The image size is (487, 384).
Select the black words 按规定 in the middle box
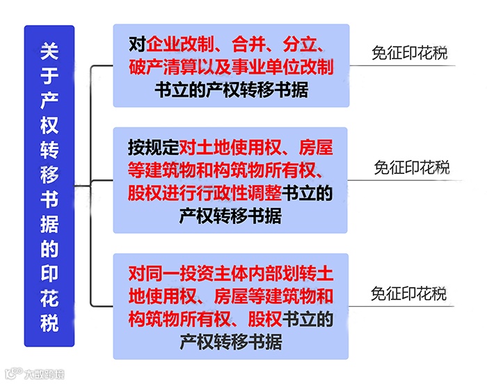(x=153, y=148)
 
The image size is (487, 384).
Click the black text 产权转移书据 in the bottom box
(x=230, y=342)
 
